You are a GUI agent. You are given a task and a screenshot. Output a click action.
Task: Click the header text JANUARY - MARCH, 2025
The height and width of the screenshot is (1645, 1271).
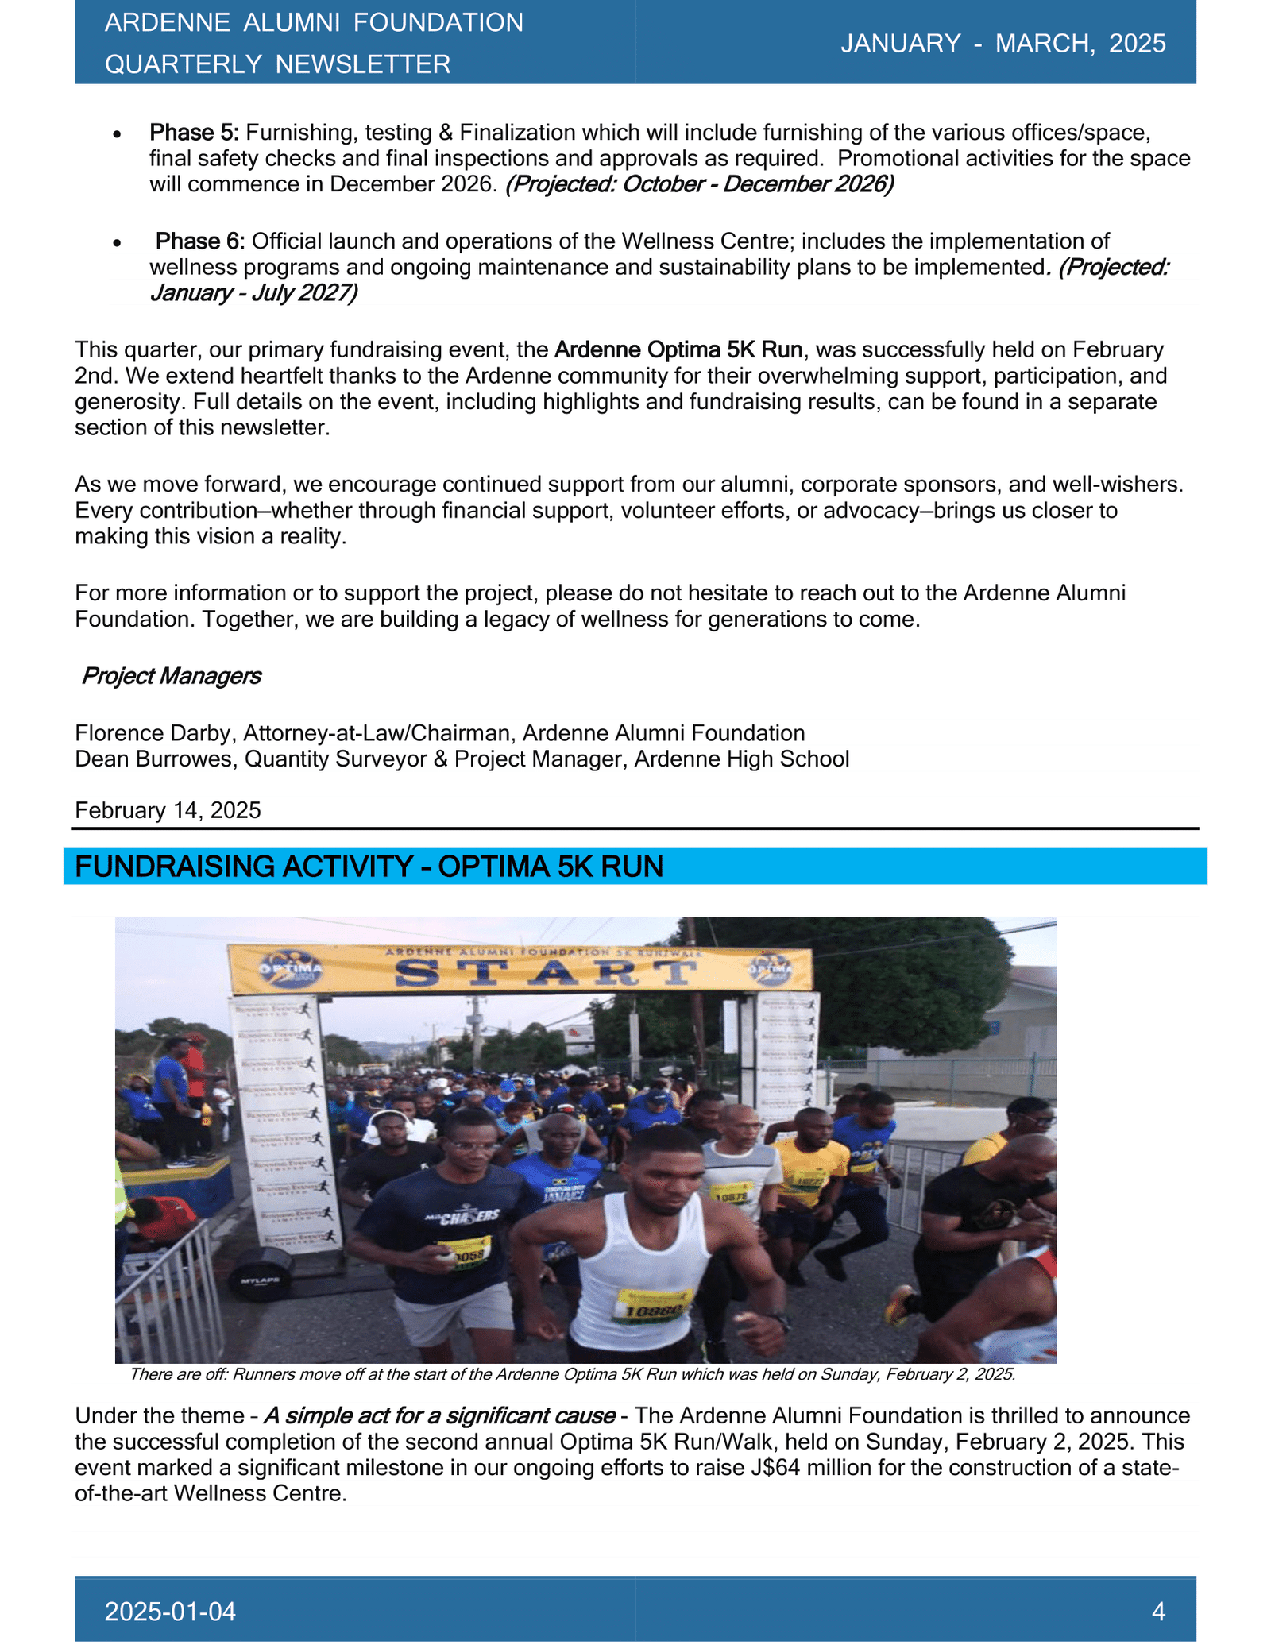point(1003,43)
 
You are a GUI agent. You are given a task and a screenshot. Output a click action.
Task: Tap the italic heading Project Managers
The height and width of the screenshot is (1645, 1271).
point(172,676)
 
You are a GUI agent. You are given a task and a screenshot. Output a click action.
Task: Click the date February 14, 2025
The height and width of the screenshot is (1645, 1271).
point(168,810)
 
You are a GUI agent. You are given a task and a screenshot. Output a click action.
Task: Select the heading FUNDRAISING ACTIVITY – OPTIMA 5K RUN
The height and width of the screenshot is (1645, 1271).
point(369,866)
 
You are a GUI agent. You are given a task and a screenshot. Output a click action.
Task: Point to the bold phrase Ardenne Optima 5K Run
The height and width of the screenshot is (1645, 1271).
point(678,349)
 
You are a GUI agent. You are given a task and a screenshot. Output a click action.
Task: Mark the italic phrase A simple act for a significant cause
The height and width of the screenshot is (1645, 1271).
point(439,1415)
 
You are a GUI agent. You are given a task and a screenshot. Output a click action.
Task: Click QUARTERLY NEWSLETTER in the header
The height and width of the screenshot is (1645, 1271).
point(277,64)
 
